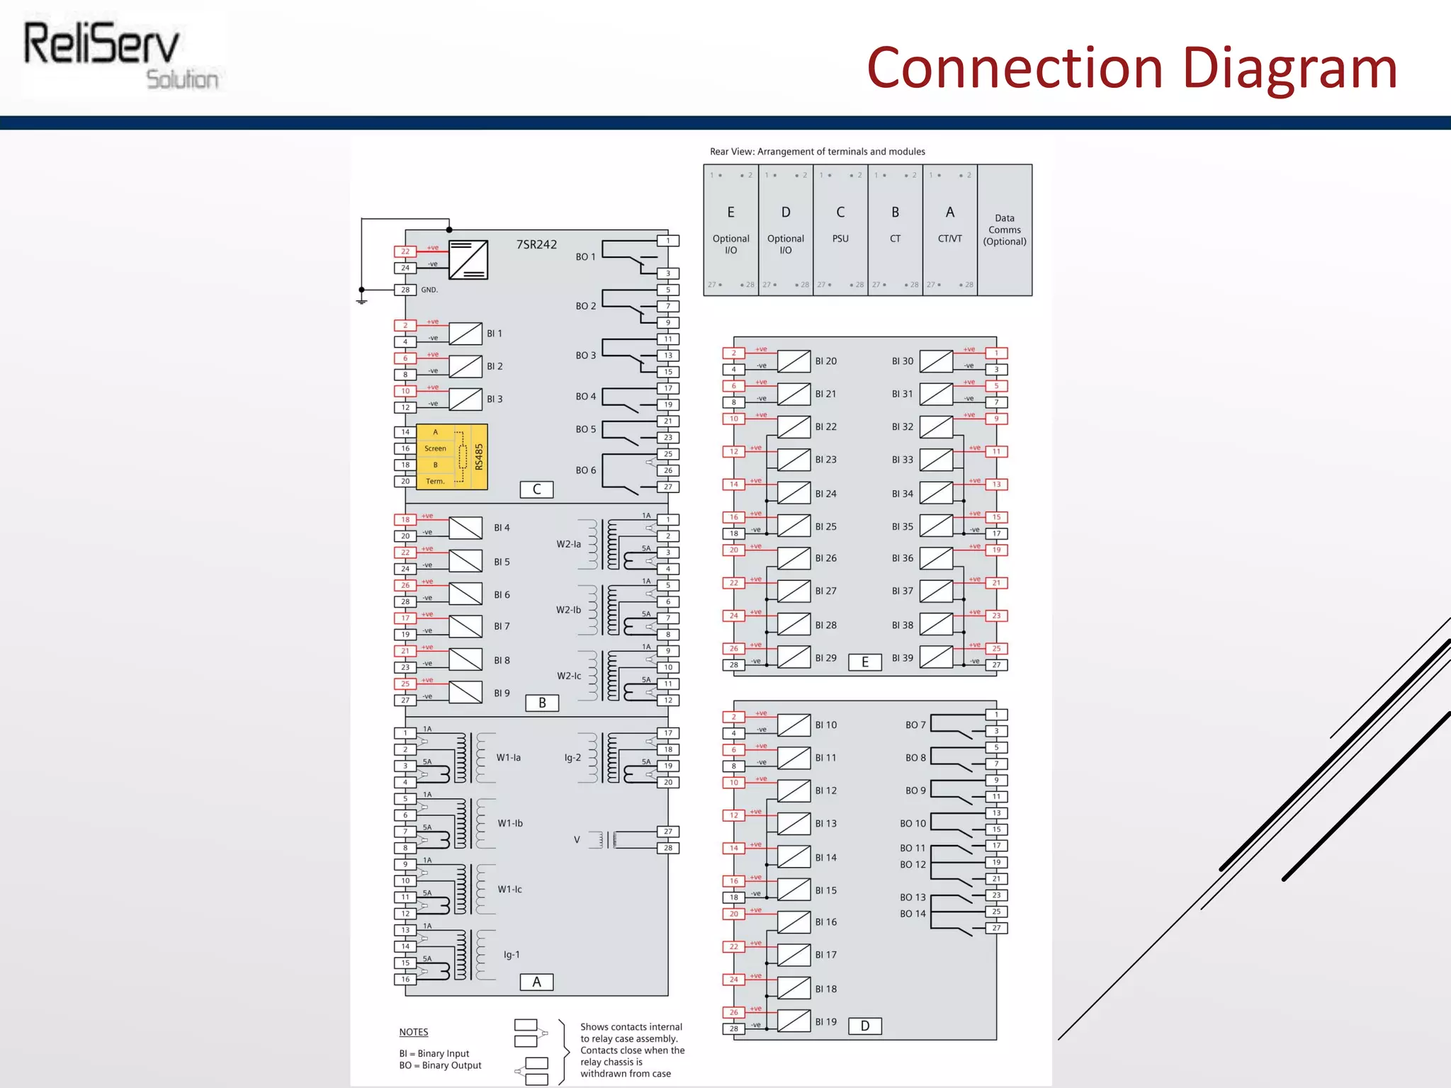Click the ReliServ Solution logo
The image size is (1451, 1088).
122,55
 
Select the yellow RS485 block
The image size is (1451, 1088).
451,456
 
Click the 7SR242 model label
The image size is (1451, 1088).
536,244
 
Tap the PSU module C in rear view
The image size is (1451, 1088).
840,229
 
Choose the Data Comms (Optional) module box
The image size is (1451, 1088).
1005,229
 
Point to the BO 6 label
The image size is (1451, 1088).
585,470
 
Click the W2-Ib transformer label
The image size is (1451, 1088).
568,610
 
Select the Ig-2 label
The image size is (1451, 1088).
572,758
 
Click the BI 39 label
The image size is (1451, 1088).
902,658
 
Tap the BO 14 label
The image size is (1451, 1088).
913,914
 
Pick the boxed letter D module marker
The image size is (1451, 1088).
864,1026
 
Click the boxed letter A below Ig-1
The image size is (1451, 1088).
536,982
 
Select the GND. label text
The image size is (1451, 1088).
429,290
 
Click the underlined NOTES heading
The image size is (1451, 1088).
414,1032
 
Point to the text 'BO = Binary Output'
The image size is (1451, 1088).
440,1065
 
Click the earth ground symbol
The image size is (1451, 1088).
361,301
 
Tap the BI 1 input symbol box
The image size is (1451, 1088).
465,334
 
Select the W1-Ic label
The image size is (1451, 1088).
509,889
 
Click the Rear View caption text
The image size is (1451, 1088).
817,152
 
